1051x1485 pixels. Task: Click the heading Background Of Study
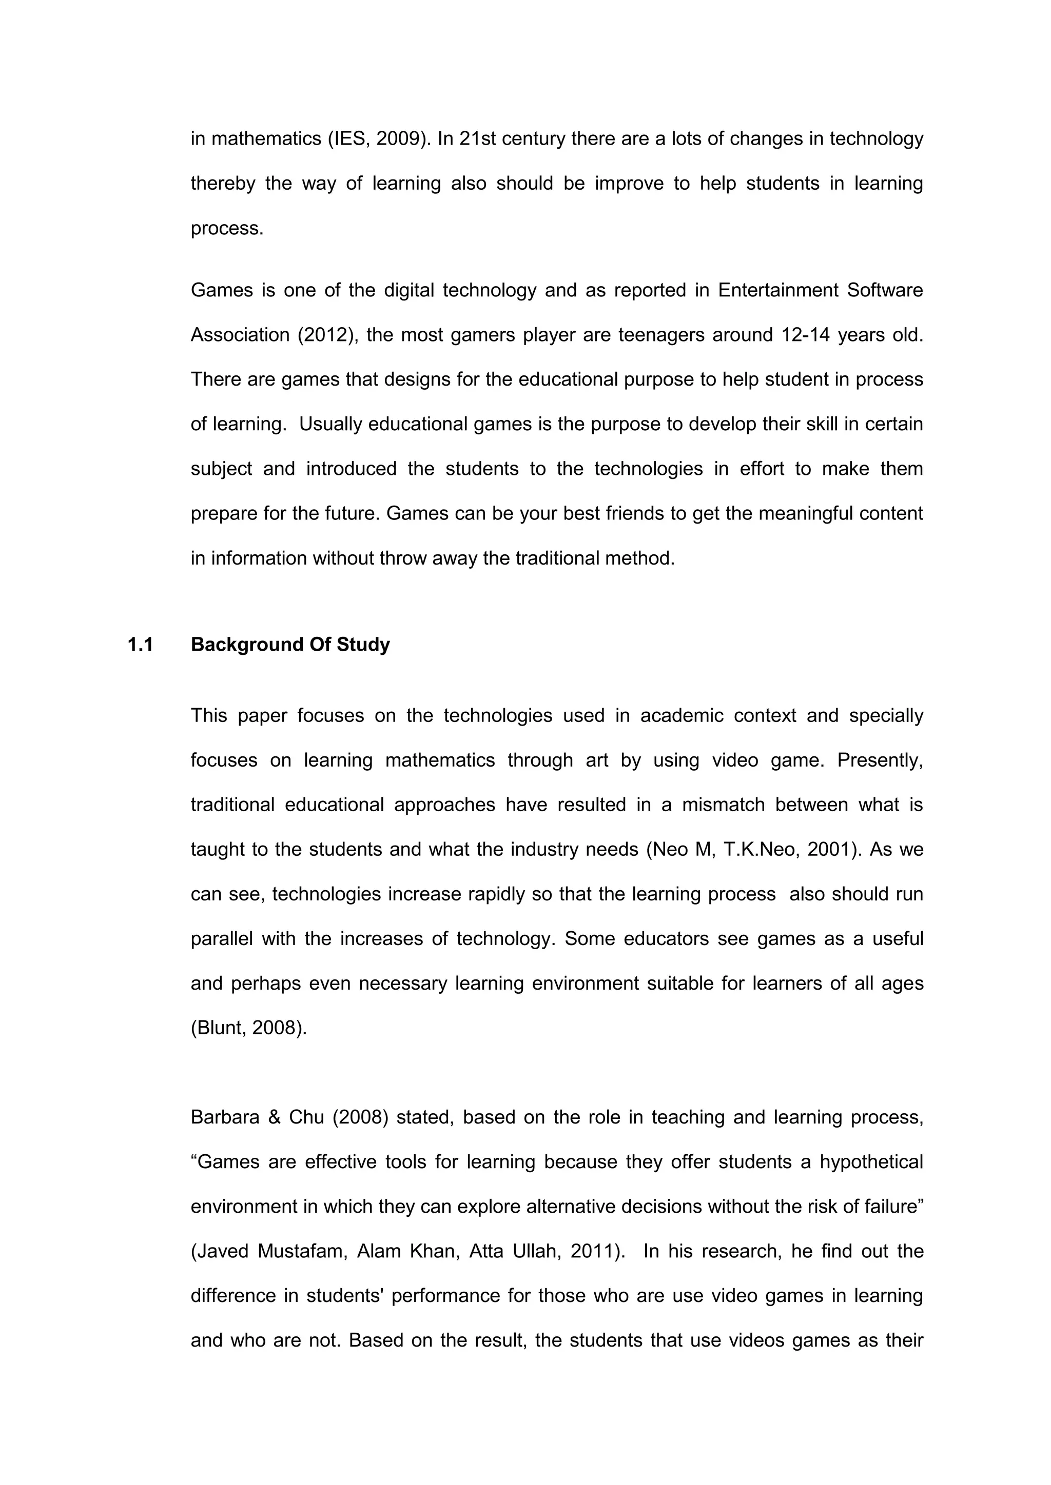(x=290, y=645)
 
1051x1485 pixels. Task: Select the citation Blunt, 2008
(x=248, y=1028)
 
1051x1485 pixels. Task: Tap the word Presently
(x=880, y=760)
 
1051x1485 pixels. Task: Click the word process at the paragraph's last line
(x=226, y=228)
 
